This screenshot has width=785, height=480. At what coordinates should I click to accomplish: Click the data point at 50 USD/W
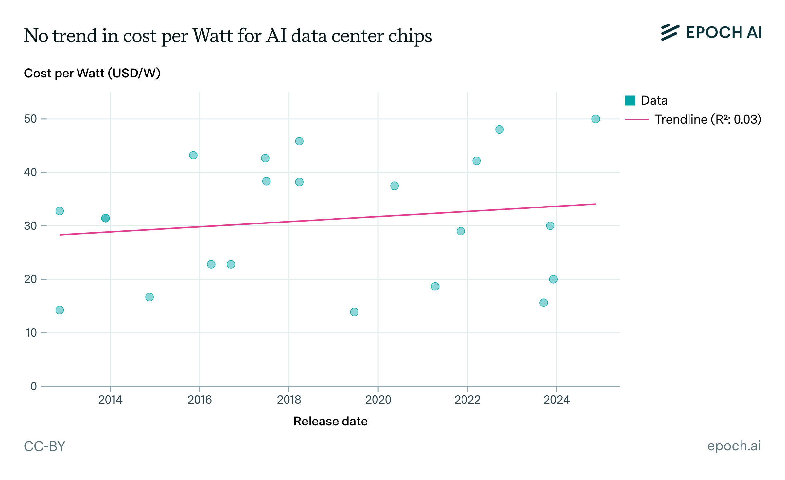(595, 119)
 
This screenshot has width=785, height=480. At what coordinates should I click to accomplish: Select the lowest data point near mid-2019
(354, 312)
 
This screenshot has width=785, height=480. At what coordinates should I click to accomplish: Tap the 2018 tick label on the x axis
(289, 400)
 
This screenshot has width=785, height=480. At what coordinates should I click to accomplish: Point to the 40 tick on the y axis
(30, 172)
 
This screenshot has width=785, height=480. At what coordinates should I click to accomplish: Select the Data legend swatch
(630, 100)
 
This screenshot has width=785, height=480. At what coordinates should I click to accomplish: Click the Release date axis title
(330, 421)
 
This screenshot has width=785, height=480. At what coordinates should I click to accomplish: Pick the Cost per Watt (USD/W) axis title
(92, 73)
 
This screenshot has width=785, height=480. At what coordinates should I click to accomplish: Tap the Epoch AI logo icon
(670, 32)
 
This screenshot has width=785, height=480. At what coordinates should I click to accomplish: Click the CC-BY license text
(44, 446)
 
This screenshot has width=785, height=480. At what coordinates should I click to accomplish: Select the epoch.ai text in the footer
(734, 446)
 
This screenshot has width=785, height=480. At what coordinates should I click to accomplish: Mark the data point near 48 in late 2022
(499, 130)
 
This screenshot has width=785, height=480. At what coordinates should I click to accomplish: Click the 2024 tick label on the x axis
(556, 400)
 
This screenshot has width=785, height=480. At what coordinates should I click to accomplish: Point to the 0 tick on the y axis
(34, 386)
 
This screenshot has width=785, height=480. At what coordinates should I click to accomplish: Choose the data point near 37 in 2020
(394, 186)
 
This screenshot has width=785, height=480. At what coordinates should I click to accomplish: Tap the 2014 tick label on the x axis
(110, 400)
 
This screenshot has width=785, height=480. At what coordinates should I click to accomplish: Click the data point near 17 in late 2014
(149, 297)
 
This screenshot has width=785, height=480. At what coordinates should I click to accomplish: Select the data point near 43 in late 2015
(193, 155)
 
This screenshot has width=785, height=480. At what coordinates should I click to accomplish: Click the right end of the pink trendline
(595, 204)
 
